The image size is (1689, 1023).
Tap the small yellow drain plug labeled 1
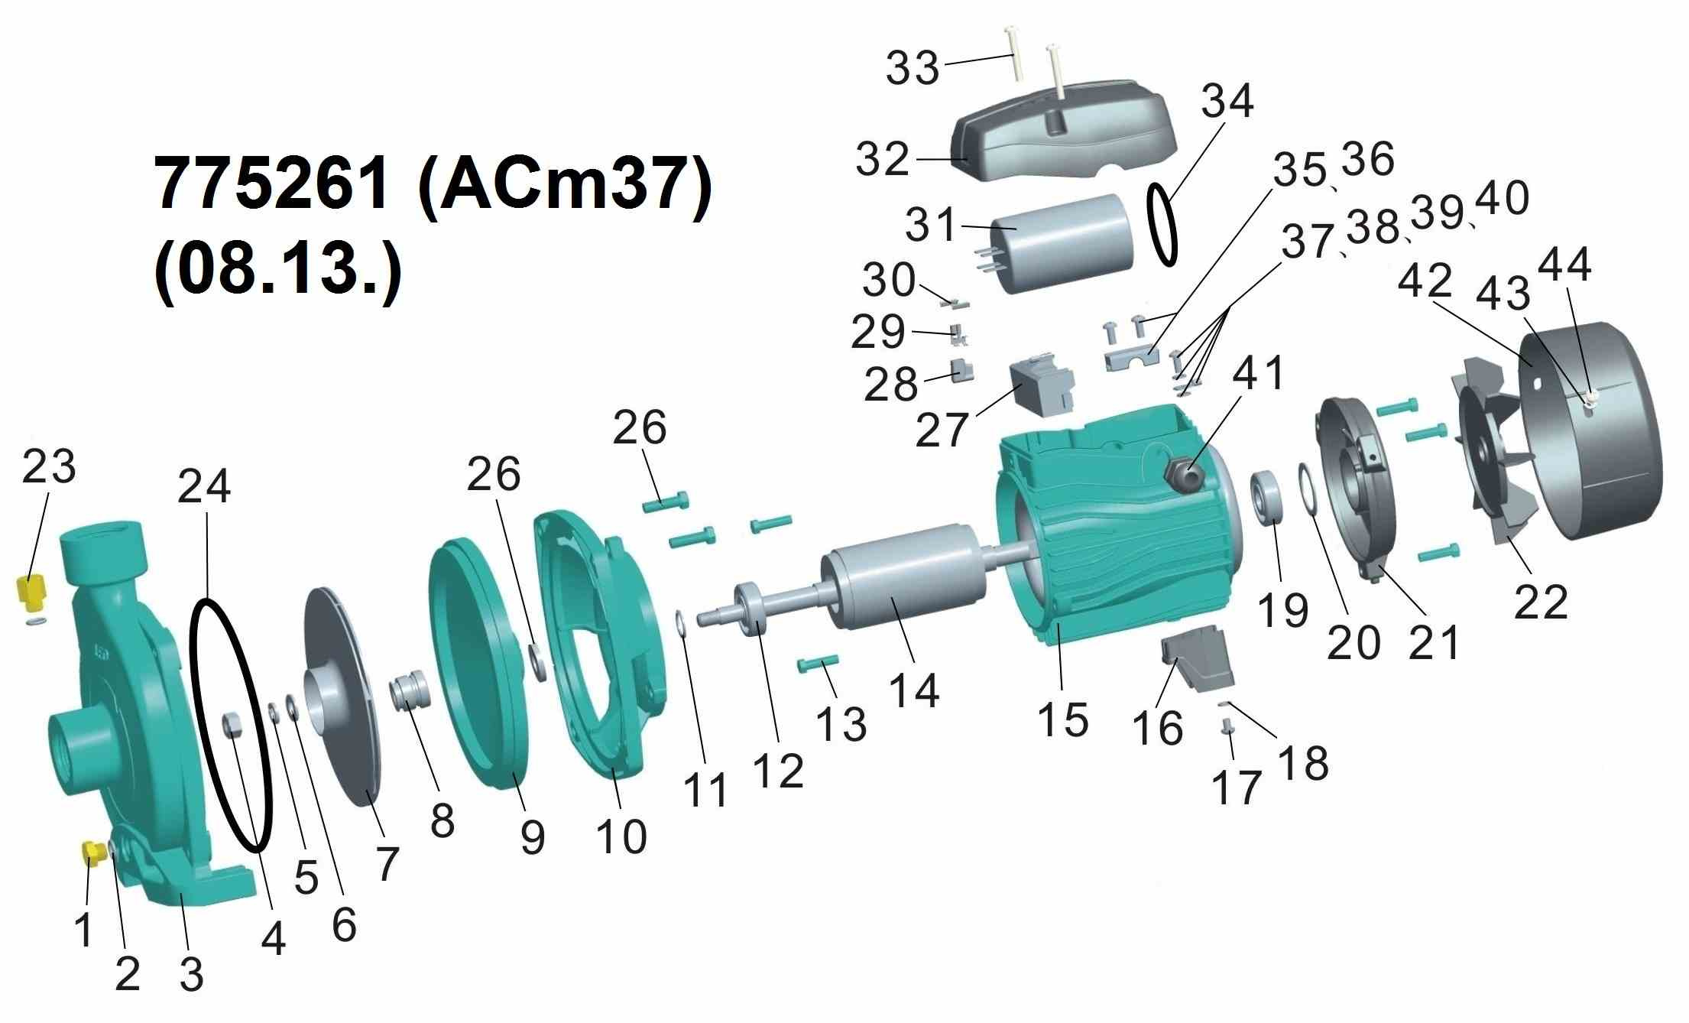pos(93,852)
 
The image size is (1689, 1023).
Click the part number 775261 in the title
pos(271,186)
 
